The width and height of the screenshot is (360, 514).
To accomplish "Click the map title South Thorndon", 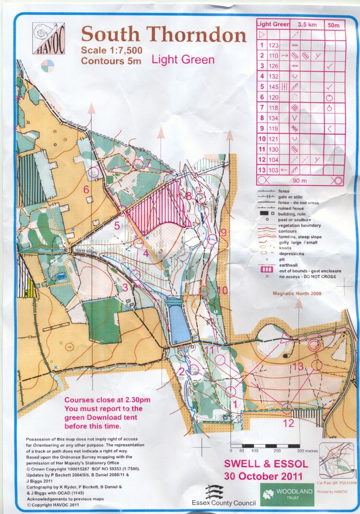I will coord(164,35).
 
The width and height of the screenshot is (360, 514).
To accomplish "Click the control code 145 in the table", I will coord(273,87).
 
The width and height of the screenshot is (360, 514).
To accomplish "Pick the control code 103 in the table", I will coord(273,170).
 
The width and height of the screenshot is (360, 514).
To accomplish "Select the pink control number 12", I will coord(289,423).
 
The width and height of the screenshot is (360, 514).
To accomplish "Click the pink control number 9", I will coord(223,232).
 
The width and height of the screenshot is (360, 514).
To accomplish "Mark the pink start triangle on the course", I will coord(285,337).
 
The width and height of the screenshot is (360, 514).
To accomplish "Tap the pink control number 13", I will coord(299,366).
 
